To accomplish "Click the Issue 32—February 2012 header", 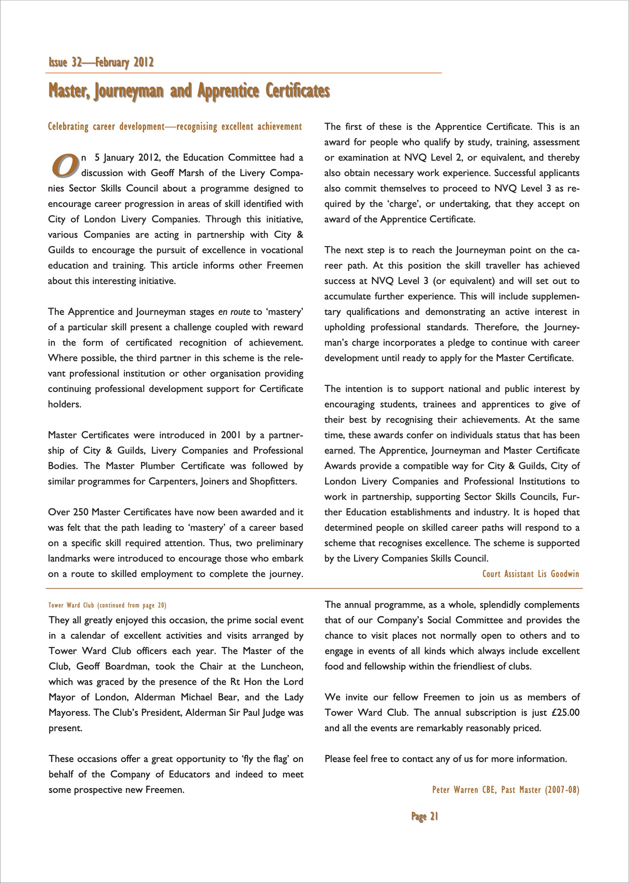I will click(x=101, y=62).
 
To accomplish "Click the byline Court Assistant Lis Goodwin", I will click(x=531, y=574).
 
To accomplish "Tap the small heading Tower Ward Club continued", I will click(x=107, y=605).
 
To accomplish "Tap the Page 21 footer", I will click(x=425, y=816).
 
